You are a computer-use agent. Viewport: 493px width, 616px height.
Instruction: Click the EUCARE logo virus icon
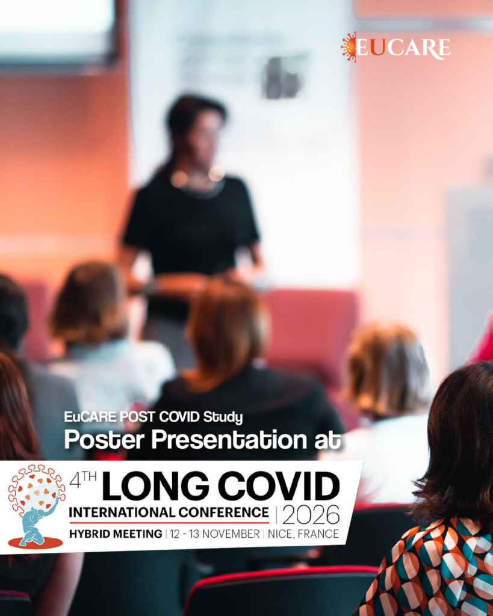349,47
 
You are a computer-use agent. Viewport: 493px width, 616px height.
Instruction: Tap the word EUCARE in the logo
403,48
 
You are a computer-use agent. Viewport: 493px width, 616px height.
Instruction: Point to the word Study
223,417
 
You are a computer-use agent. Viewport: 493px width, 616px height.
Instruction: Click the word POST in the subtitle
137,416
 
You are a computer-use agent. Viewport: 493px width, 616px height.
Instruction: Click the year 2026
311,514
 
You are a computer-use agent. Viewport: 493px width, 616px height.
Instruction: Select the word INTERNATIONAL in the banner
122,513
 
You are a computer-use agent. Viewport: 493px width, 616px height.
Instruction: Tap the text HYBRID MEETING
116,534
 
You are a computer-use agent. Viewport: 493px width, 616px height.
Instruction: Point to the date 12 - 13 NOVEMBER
215,534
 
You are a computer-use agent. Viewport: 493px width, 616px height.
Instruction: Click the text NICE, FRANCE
303,534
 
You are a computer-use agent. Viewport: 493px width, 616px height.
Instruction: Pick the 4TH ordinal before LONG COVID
82,480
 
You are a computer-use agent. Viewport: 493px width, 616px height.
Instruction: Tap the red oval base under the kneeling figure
36,543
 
